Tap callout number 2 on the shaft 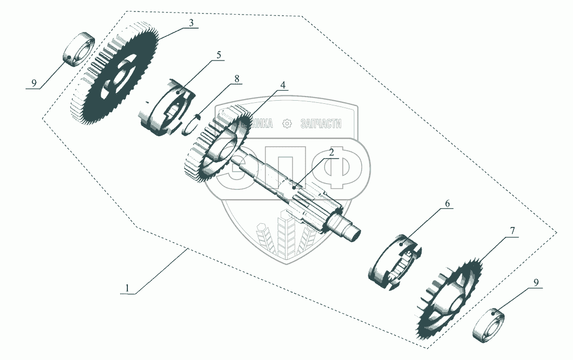click(x=331, y=152)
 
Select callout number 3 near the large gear click(x=192, y=23)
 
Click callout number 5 click(x=219, y=55)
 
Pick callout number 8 click(x=237, y=79)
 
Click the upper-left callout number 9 click(x=34, y=83)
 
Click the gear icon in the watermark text click(x=286, y=124)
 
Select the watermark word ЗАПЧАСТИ click(x=321, y=124)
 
